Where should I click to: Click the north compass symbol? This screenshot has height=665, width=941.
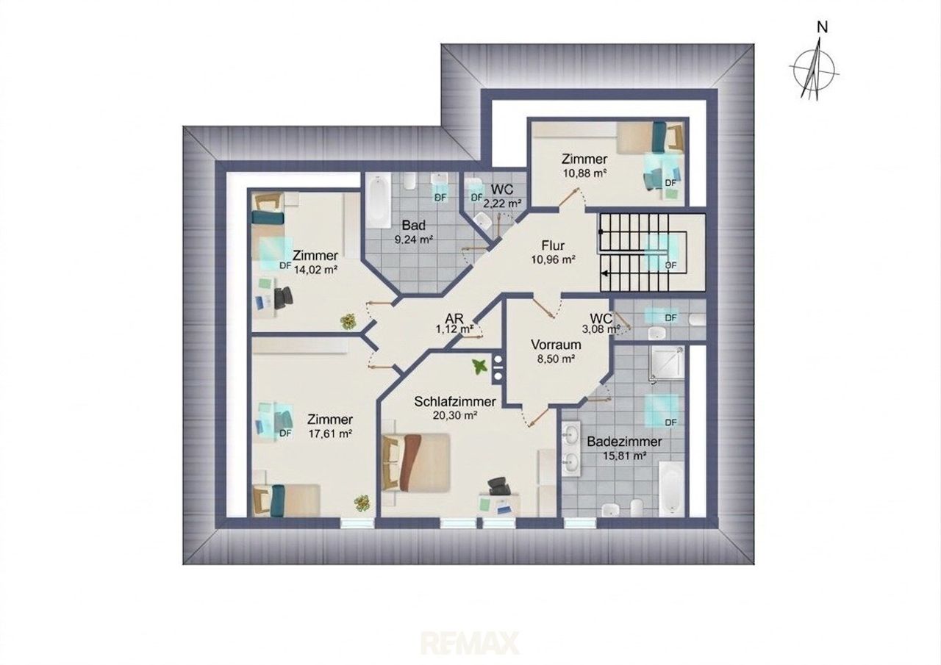pos(814,67)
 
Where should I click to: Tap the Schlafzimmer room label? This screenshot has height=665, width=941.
pos(455,401)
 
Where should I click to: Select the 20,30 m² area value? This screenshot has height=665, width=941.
pos(455,415)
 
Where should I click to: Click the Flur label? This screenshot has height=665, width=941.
pos(553,245)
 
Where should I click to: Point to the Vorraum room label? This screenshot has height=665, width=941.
pos(556,345)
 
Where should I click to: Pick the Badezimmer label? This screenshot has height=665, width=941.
pos(624,442)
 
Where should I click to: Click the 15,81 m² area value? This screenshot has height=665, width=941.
pos(623,456)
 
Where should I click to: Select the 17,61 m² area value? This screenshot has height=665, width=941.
pos(330,434)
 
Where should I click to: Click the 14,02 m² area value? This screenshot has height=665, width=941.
pos(316,270)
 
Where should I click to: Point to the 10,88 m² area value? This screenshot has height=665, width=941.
pos(584,173)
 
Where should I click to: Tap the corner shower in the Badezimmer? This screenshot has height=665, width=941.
pos(667,364)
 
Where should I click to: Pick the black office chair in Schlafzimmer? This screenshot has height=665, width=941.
pos(498,487)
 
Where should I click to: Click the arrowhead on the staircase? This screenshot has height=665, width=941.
pos(604,274)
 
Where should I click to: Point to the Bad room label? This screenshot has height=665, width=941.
pos(413,226)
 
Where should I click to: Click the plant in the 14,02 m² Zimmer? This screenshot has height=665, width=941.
pos(348,322)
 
